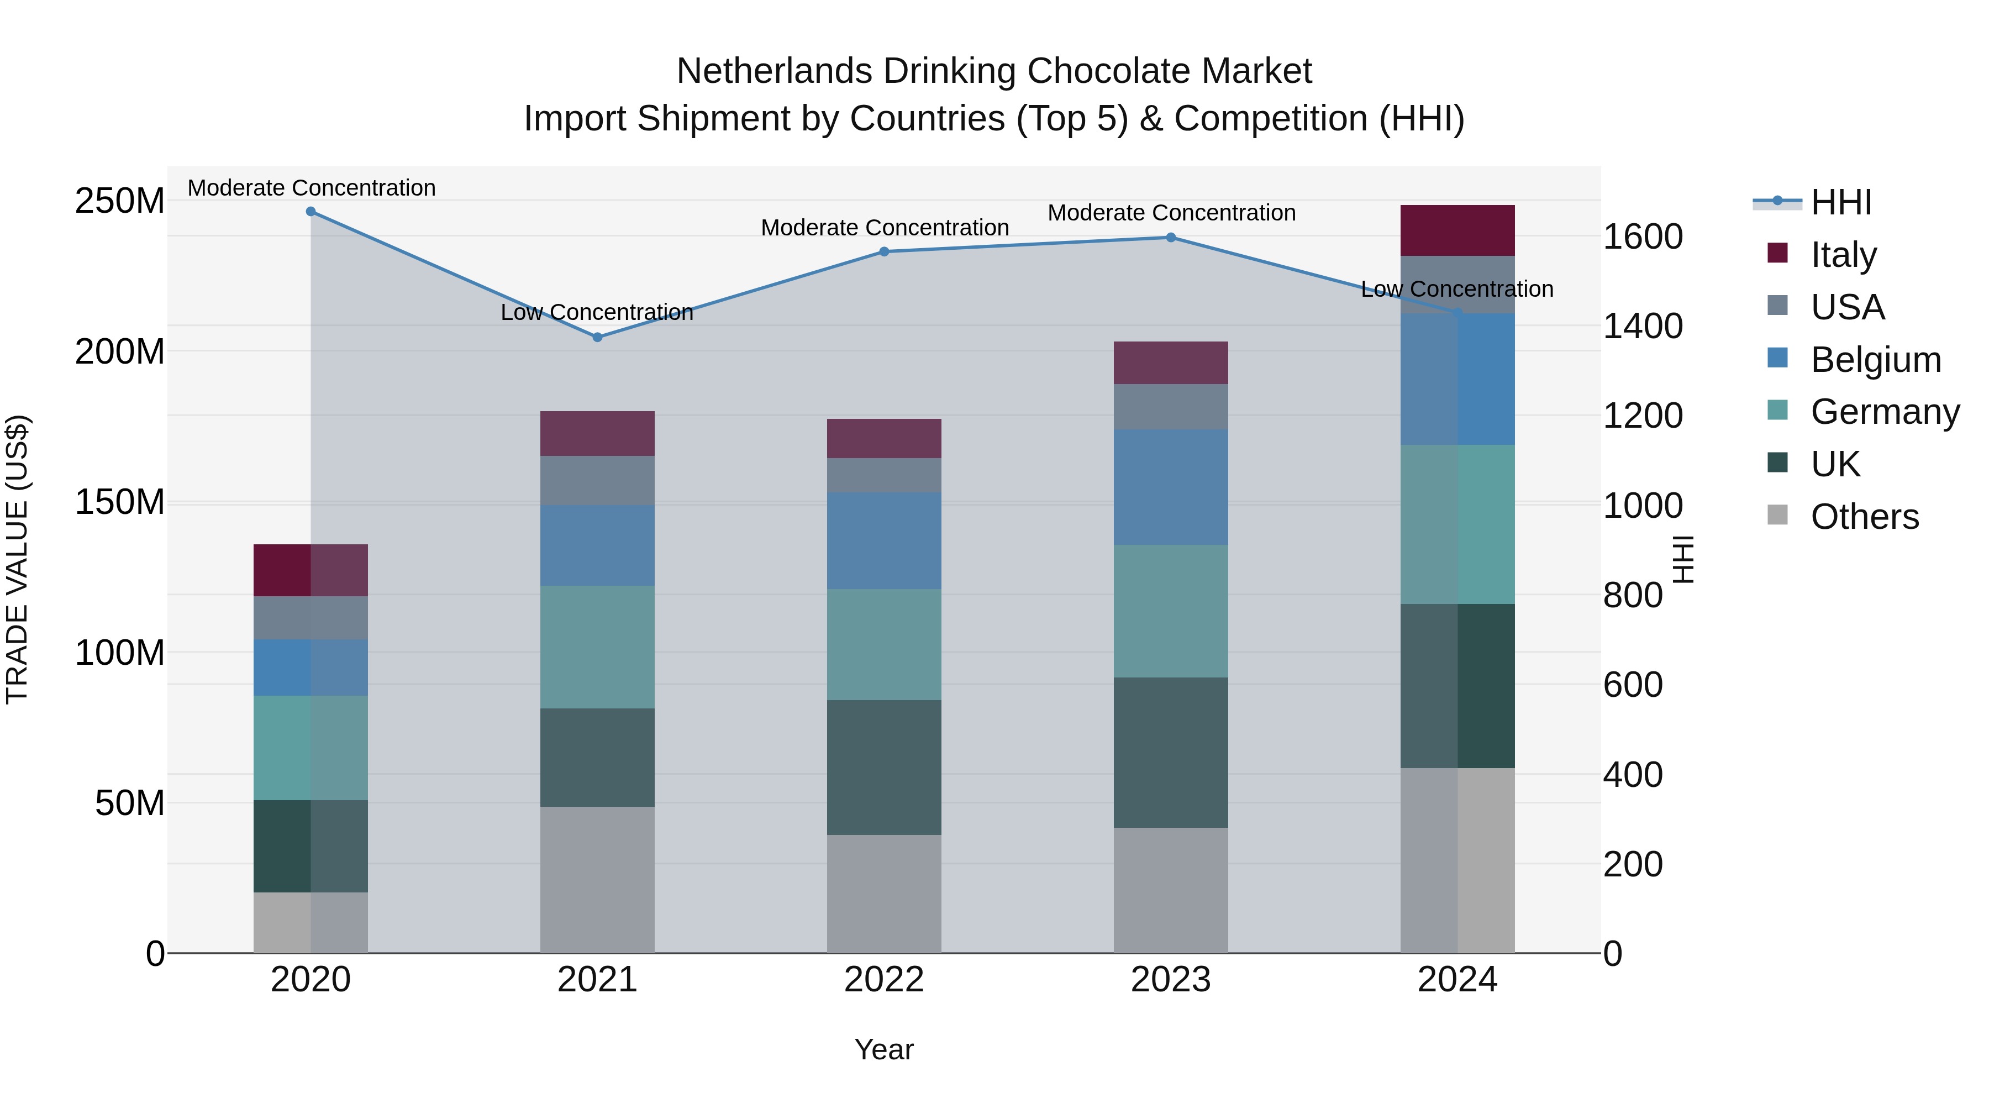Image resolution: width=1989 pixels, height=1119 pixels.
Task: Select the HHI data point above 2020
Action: pyautogui.click(x=311, y=211)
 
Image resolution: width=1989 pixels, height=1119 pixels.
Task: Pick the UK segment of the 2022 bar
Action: pyautogui.click(x=884, y=767)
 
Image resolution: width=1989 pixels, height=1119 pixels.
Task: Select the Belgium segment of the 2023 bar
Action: pyautogui.click(x=1171, y=487)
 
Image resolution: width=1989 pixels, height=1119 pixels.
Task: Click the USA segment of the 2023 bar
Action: pyautogui.click(x=1171, y=406)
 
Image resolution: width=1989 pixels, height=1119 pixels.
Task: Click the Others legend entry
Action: pyautogui.click(x=1864, y=517)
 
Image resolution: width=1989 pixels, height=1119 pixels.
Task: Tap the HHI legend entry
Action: pyautogui.click(x=1841, y=202)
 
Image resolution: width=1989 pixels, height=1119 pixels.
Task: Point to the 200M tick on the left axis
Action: pyautogui.click(x=120, y=351)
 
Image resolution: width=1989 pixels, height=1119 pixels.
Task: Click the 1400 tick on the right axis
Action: pyautogui.click(x=1643, y=326)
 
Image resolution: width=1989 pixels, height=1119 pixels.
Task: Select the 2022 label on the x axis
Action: pyautogui.click(x=884, y=980)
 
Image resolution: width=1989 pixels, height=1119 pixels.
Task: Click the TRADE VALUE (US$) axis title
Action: pyautogui.click(x=17, y=559)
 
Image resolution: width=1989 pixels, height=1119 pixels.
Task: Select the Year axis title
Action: pyautogui.click(x=884, y=1049)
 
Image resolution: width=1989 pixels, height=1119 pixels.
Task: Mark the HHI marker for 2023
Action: pyautogui.click(x=1171, y=237)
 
